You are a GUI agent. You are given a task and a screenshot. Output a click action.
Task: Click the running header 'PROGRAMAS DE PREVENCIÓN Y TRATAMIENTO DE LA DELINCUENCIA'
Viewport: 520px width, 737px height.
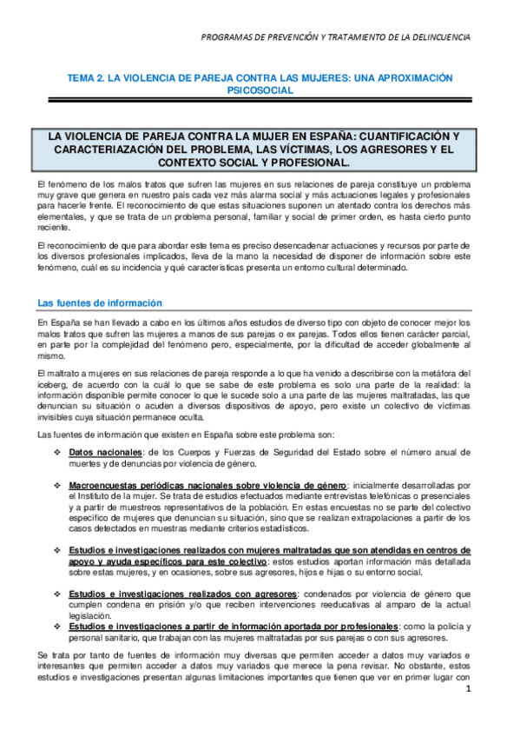[x=335, y=37]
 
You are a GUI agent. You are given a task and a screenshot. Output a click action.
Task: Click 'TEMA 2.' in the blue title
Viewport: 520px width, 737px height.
[x=88, y=78]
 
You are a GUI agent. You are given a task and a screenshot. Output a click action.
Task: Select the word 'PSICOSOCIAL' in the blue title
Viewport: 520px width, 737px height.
[x=260, y=90]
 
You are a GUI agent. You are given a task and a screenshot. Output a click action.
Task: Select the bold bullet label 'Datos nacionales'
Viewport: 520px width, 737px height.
[x=105, y=454]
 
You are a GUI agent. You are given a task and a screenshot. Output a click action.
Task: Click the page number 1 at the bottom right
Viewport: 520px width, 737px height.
[x=467, y=690]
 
